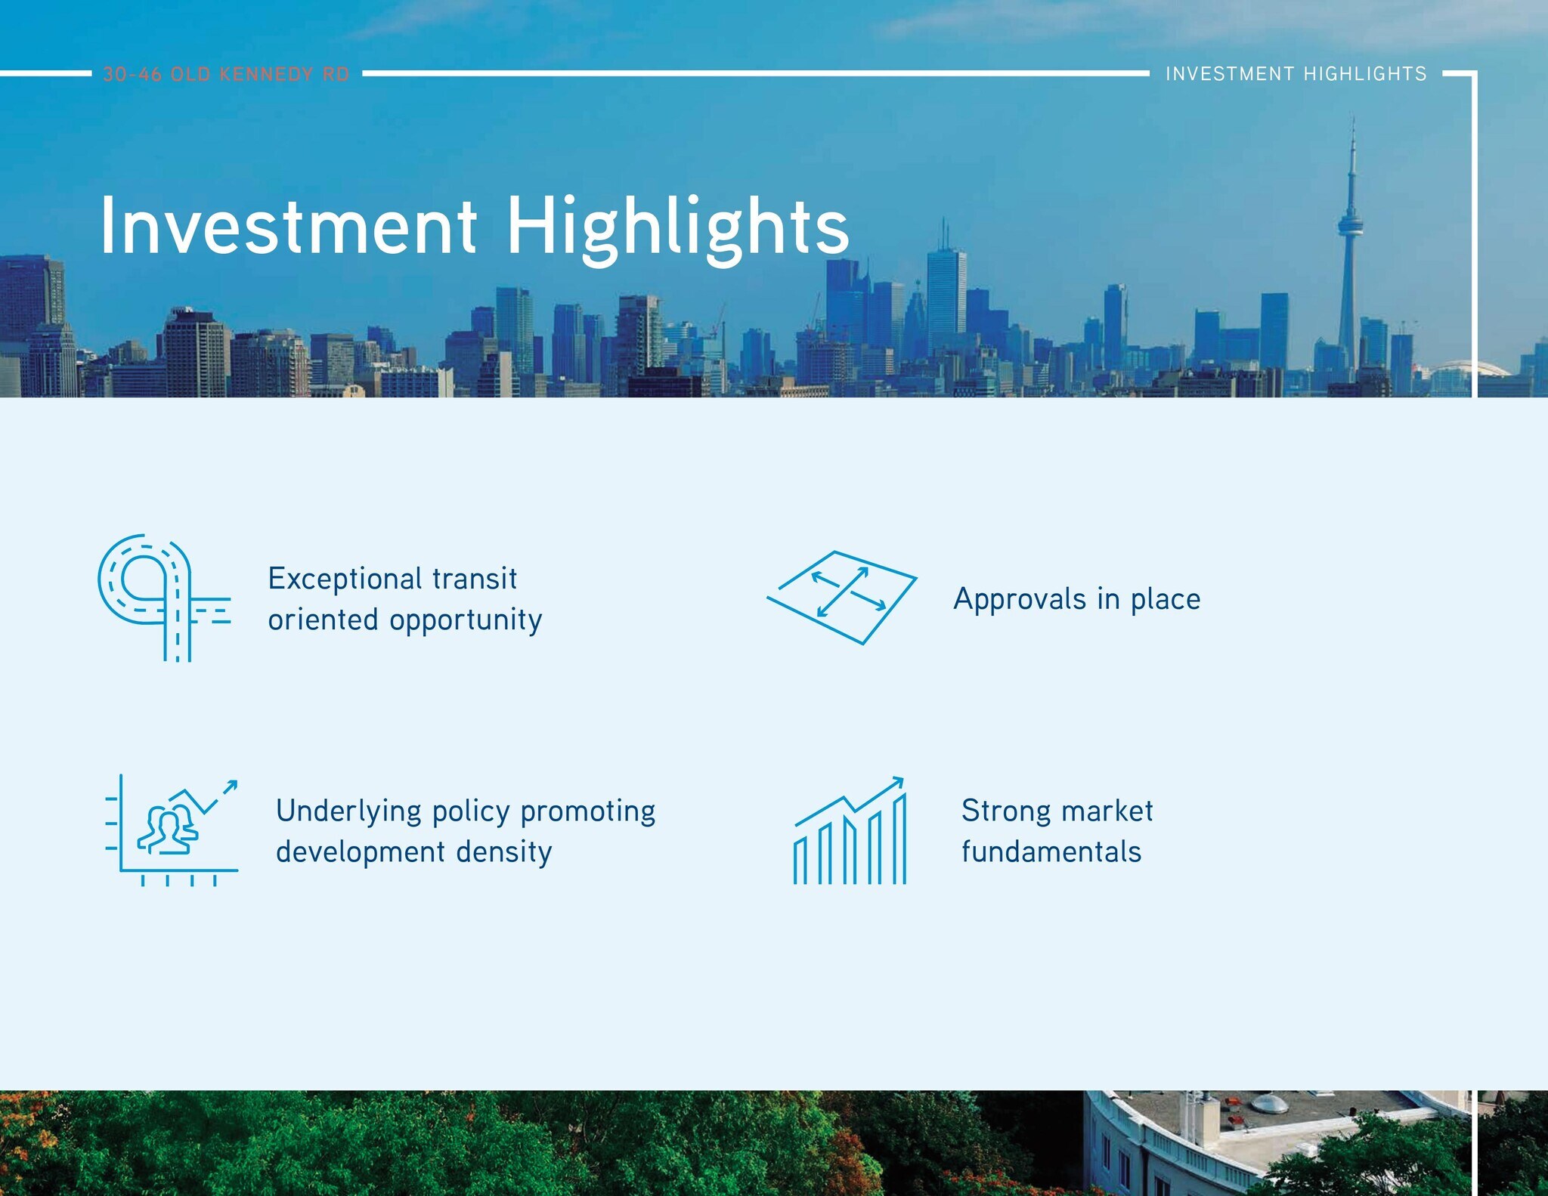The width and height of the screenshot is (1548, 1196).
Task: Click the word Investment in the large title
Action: (289, 225)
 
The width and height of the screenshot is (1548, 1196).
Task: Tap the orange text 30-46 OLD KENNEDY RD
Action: (226, 74)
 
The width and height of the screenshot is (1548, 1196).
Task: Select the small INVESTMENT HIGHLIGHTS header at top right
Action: (1296, 73)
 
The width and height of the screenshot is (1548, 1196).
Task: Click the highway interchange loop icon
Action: (164, 598)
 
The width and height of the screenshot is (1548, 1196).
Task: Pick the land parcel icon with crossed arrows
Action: (842, 598)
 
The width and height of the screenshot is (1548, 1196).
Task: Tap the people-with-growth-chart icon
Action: (172, 830)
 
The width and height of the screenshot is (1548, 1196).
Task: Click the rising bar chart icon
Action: (849, 830)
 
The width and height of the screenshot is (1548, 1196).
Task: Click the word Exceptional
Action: (345, 579)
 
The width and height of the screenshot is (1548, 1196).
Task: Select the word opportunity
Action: (466, 621)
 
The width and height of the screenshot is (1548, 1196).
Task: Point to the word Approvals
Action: (1020, 600)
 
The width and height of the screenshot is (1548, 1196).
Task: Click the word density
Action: (504, 852)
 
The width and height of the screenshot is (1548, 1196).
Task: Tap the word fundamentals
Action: (1051, 851)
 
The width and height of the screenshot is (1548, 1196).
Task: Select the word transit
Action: (475, 579)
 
